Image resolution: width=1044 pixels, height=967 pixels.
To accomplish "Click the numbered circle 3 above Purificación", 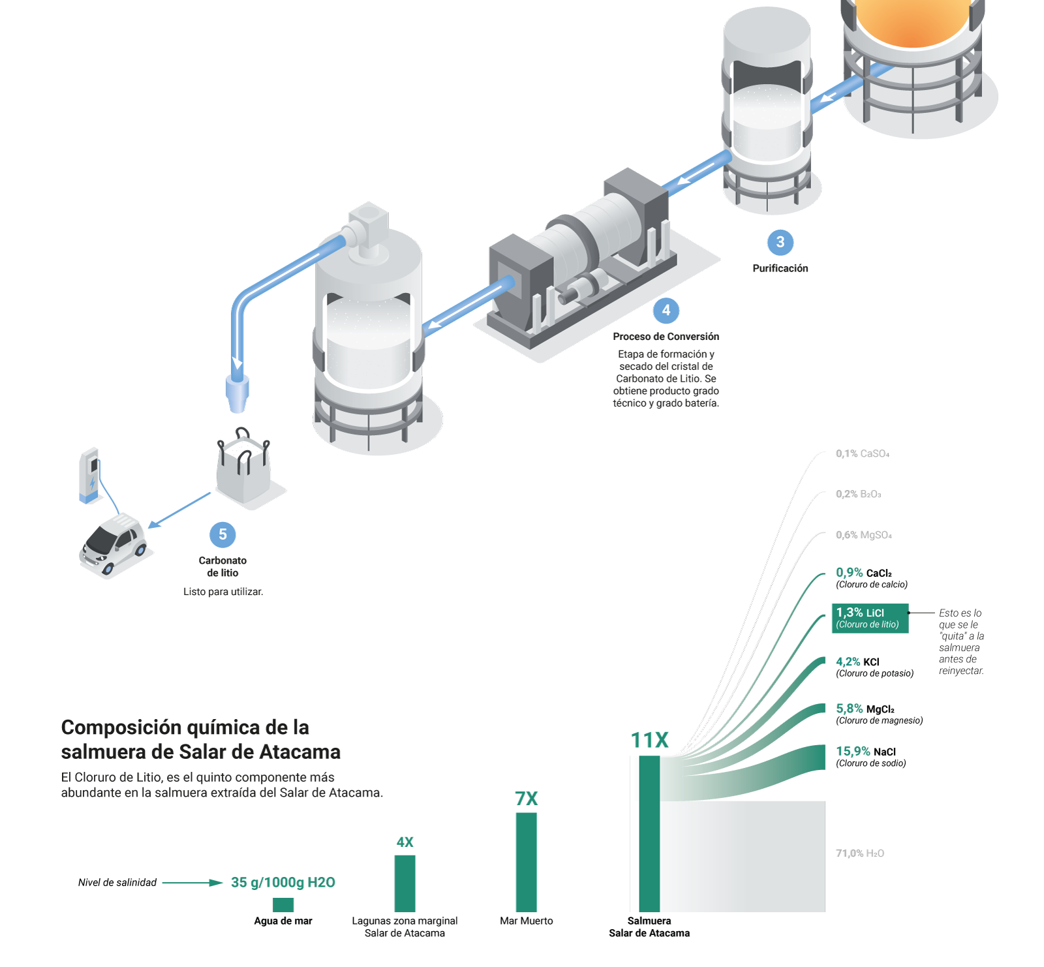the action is click(780, 242).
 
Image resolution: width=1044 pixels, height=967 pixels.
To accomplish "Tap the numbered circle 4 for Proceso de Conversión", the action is click(666, 311).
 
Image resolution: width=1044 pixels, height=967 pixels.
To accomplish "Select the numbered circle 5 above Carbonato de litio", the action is click(223, 534).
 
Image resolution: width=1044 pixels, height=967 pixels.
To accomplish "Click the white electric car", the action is click(114, 545).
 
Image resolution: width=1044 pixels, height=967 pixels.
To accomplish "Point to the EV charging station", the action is click(89, 475).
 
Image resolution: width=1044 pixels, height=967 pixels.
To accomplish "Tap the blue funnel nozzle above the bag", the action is click(237, 393).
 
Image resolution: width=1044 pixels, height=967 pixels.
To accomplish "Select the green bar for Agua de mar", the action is click(283, 904).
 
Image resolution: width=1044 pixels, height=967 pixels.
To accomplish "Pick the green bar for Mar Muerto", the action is click(526, 861).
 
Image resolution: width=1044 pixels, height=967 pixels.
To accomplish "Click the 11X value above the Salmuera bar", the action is click(649, 741).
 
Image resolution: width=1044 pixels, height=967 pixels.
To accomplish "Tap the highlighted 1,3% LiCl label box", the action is click(870, 618).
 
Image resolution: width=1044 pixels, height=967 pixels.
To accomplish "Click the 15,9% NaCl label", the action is click(865, 752).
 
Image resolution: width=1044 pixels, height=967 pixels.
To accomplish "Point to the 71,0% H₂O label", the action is click(860, 853).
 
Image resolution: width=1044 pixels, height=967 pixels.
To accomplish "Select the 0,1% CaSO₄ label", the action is click(863, 453).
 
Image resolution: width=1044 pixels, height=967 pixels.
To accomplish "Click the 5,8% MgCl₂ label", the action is click(865, 709).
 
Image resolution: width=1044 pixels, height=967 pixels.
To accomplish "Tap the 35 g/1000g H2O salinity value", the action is click(283, 883).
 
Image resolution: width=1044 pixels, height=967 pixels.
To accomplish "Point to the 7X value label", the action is click(526, 799).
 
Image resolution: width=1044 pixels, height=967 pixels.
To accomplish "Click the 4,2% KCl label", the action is click(857, 662).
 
